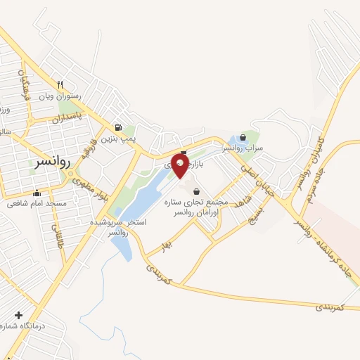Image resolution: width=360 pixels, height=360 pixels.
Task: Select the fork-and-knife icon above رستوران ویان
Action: click(x=62, y=84)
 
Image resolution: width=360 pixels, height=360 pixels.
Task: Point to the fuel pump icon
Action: click(x=117, y=128)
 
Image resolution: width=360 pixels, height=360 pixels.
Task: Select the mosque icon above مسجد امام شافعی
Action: click(x=37, y=193)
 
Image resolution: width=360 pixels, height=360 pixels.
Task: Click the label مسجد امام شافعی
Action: click(x=37, y=204)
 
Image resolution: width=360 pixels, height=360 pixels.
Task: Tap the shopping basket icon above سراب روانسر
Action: click(x=243, y=137)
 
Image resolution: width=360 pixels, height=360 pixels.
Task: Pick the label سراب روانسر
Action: click(x=243, y=148)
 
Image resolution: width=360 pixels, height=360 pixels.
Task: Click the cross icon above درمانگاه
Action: click(x=18, y=316)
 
